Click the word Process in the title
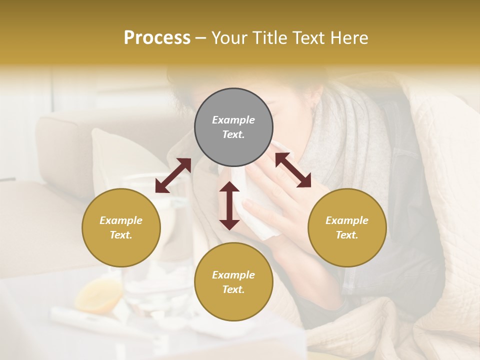pyautogui.click(x=157, y=38)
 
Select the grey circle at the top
pyautogui.click(x=233, y=127)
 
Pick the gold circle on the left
pyautogui.click(x=121, y=227)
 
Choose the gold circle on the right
pyautogui.click(x=347, y=227)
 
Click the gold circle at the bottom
pyautogui.click(x=233, y=282)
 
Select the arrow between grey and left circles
pyautogui.click(x=173, y=175)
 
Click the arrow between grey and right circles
pyautogui.click(x=292, y=170)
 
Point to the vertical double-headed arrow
pyautogui.click(x=229, y=205)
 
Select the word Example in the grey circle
pyautogui.click(x=233, y=120)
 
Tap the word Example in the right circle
pyautogui.click(x=347, y=220)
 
